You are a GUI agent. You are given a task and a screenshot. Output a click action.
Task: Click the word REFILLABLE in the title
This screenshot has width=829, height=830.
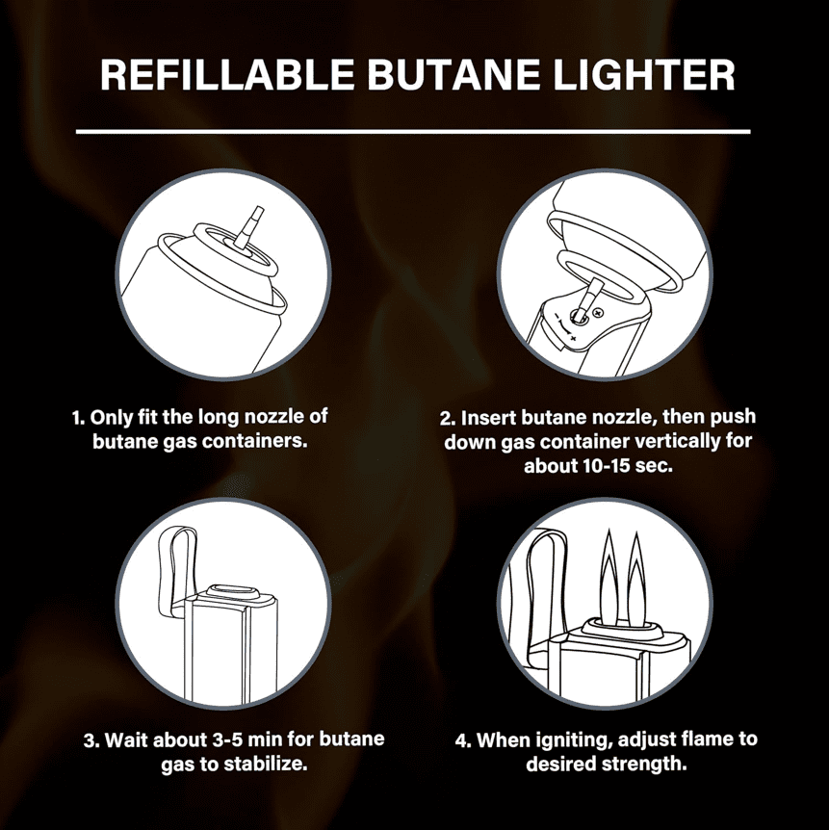click(x=227, y=75)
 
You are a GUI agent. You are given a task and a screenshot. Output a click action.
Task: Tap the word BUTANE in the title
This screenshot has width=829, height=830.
click(x=453, y=75)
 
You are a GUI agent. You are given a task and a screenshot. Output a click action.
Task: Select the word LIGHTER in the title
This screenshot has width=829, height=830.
click(x=644, y=75)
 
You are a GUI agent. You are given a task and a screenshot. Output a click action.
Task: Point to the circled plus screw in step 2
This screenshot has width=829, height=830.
click(x=598, y=312)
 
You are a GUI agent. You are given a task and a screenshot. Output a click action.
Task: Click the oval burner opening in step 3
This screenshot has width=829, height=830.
click(x=237, y=591)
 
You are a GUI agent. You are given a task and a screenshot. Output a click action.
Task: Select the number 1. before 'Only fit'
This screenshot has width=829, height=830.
click(x=78, y=418)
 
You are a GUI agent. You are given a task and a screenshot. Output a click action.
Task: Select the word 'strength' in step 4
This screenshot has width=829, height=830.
click(x=645, y=765)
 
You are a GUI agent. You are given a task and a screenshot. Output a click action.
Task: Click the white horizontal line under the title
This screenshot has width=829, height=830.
click(x=413, y=131)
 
